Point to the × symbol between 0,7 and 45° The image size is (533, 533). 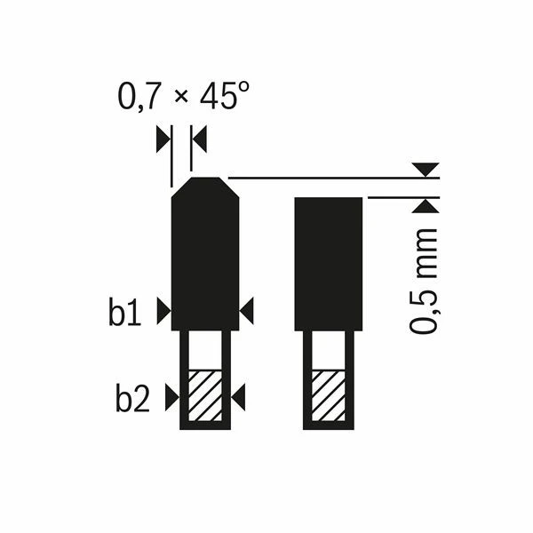(181, 99)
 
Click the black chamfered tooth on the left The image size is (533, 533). (204, 258)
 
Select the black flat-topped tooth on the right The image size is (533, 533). (329, 262)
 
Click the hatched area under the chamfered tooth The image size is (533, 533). (204, 394)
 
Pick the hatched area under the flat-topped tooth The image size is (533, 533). (329, 394)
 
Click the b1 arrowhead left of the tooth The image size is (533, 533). (163, 310)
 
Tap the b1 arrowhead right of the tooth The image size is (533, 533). (247, 310)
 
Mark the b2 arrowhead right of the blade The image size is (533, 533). (238, 398)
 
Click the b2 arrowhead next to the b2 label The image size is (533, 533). (171, 400)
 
